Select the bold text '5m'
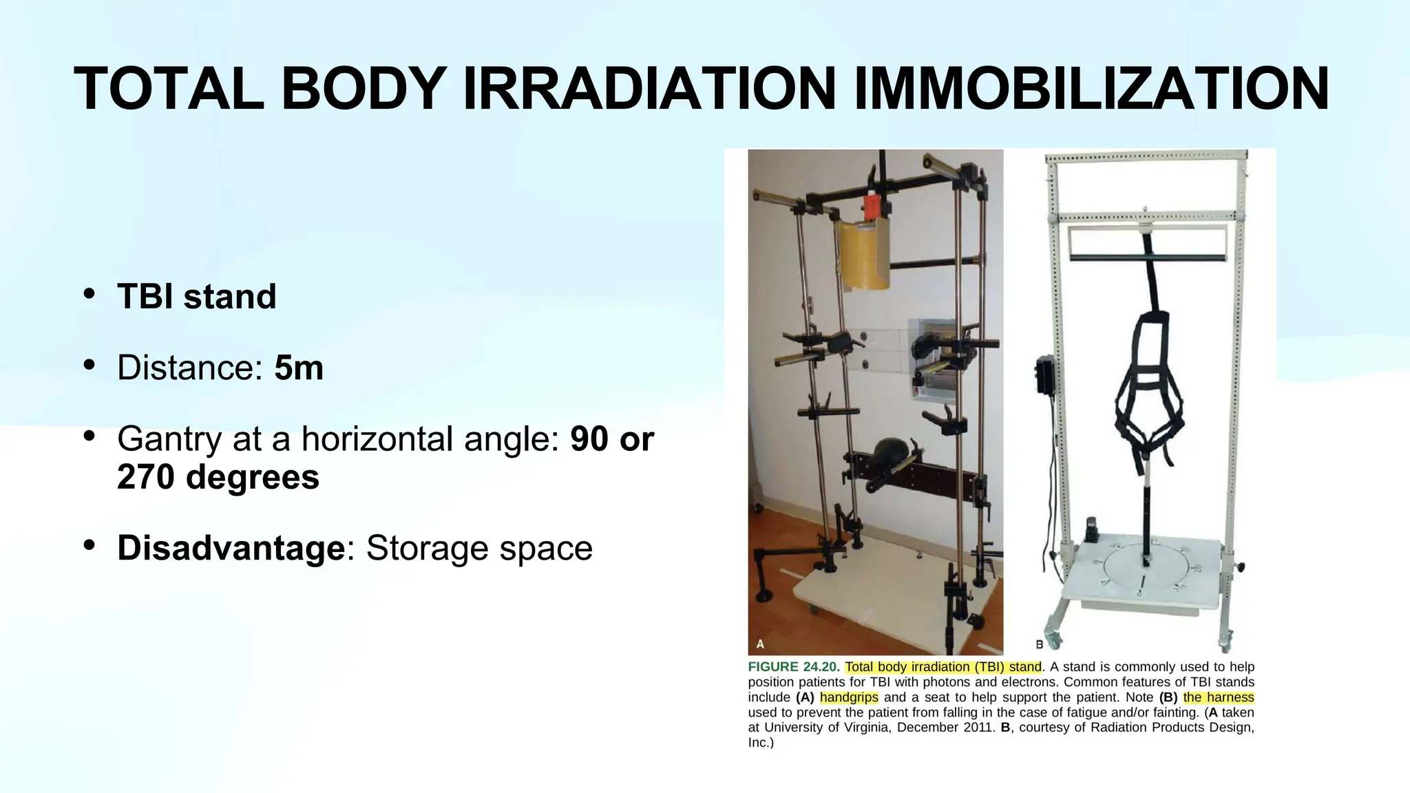coord(299,368)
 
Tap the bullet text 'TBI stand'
coord(197,297)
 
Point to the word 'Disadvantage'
coord(231,548)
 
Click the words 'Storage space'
coord(479,548)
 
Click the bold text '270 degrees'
coord(218,476)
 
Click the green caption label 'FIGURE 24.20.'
coord(794,667)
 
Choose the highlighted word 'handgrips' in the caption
coord(849,697)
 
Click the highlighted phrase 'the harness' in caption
coord(1219,697)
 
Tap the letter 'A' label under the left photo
coord(760,644)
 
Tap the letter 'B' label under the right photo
coord(1040,645)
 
